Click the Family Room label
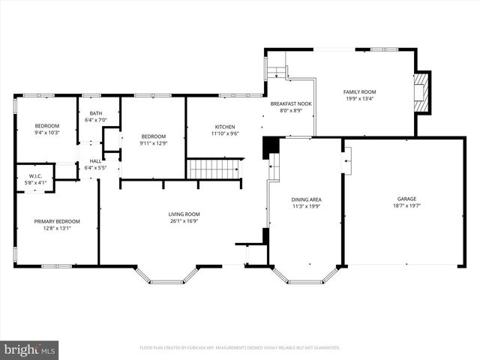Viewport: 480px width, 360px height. (x=360, y=91)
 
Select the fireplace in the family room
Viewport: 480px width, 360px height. (x=423, y=92)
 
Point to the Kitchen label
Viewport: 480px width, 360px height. (x=225, y=127)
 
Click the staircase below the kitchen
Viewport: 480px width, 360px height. (x=214, y=169)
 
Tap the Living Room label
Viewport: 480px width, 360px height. (x=184, y=214)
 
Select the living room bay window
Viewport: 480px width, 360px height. (x=166, y=276)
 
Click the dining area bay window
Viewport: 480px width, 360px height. (x=305, y=276)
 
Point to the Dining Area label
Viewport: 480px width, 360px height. (x=306, y=199)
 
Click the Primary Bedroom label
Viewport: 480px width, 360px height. (x=57, y=221)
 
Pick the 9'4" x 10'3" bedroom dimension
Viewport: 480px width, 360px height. (x=46, y=133)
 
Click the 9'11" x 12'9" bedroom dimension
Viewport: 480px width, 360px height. (x=153, y=143)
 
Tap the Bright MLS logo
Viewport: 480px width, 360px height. (x=30, y=349)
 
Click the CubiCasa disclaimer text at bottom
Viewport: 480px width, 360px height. (x=240, y=348)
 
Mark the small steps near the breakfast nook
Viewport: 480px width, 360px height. (x=277, y=72)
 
